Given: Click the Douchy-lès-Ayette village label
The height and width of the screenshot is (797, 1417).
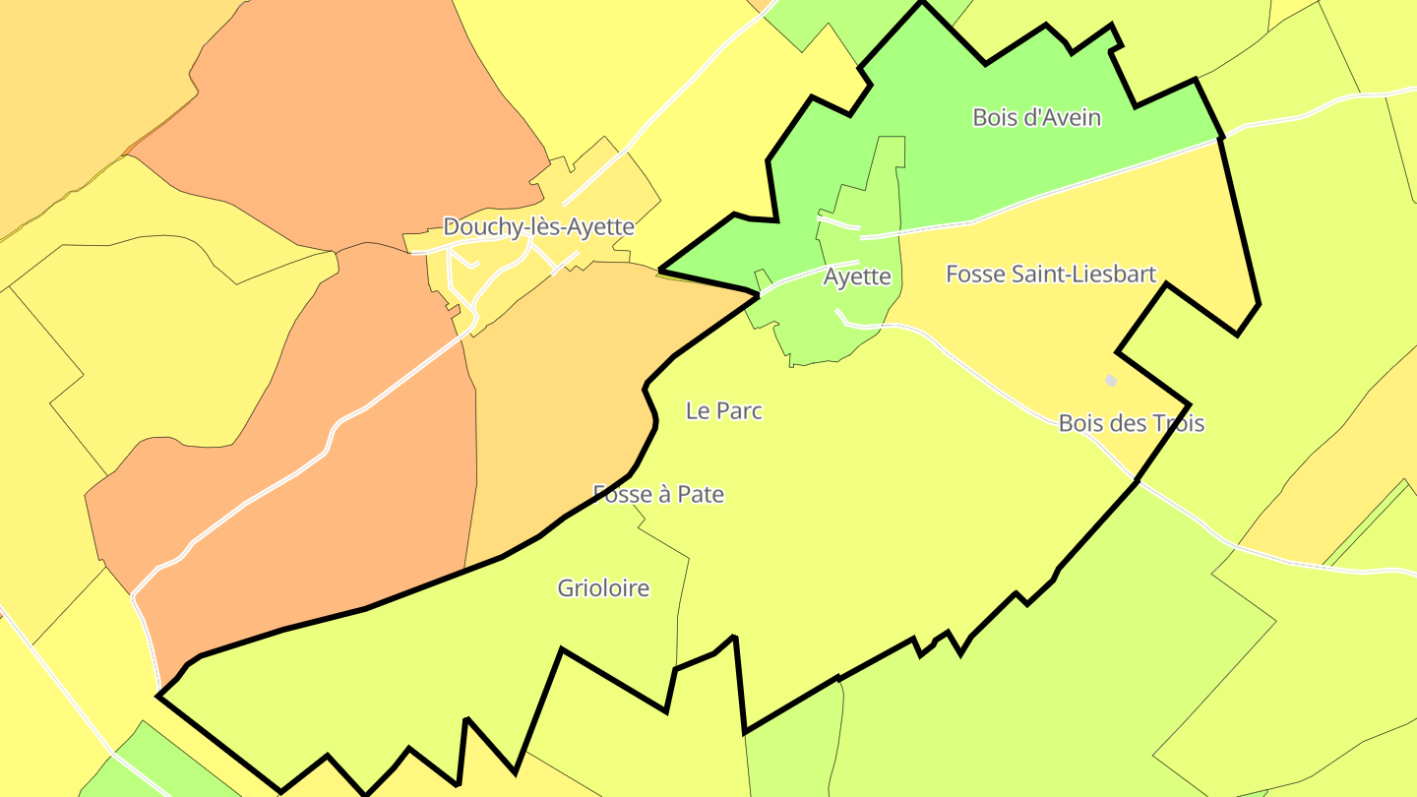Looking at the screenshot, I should point(538,226).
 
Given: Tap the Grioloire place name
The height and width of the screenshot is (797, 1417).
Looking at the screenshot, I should point(603,588).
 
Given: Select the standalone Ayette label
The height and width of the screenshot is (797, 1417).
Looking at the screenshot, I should point(857,276).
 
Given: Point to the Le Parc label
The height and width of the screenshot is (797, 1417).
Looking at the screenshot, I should point(724,411).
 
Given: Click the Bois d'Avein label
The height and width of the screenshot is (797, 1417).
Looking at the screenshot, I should point(1036,117).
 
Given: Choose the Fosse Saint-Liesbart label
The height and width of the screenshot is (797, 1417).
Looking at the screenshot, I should point(1051,274).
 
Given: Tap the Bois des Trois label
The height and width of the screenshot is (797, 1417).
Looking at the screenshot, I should point(1132,423).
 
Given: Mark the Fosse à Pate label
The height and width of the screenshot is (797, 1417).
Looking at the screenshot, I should point(658,494).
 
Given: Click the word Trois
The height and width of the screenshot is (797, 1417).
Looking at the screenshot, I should point(1178,423).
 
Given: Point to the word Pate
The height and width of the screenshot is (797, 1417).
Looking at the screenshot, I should point(702,494).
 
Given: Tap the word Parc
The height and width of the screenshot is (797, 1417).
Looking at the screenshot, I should point(739,411).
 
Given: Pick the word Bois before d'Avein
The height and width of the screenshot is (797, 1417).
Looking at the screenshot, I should point(994,117).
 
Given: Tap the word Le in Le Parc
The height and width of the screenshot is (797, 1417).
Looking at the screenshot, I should point(697,411).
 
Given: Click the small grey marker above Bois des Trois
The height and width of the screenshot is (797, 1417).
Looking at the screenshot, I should point(1111,380).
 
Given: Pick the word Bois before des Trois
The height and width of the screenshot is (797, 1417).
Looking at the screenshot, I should point(1080,423).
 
